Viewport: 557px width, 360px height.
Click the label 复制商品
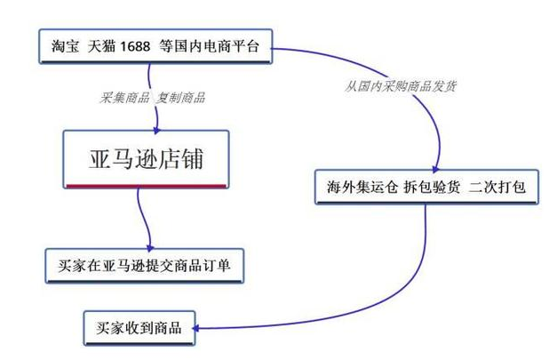coord(180,97)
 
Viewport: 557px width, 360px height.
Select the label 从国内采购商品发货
coord(402,86)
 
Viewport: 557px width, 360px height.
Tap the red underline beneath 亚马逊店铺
coord(144,185)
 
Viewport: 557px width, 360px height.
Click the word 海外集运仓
coord(353,188)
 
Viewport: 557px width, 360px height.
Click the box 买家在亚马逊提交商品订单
coord(144,266)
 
